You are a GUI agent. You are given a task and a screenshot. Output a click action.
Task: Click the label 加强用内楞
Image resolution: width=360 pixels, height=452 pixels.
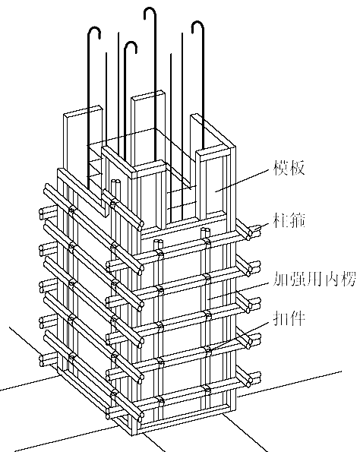pos(314,279)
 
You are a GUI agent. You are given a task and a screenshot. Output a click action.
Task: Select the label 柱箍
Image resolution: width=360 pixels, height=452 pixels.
pos(289,220)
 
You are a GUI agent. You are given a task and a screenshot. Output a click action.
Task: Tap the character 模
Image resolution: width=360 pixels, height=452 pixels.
pos(281,167)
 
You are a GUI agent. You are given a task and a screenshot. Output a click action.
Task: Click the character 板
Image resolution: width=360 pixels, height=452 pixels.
pos(297,167)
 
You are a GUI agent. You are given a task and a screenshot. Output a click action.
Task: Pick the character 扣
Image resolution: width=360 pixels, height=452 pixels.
pos(281,318)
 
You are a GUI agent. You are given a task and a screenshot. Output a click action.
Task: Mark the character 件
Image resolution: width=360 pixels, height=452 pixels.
pos(297,318)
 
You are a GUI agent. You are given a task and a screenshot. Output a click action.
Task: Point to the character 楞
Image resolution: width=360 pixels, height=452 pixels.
pos(348,279)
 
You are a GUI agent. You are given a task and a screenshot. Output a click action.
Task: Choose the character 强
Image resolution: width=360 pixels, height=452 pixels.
pos(298,279)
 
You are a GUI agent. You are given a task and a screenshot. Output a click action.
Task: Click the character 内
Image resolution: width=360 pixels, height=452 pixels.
pos(331,279)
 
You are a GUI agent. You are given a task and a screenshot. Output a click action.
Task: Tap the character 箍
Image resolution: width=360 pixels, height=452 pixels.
pos(297,220)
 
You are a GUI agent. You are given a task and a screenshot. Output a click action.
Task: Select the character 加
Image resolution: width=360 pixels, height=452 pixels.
pos(280,279)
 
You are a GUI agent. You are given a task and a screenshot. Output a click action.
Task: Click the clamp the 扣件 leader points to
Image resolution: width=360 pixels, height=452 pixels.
pos(207,349)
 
